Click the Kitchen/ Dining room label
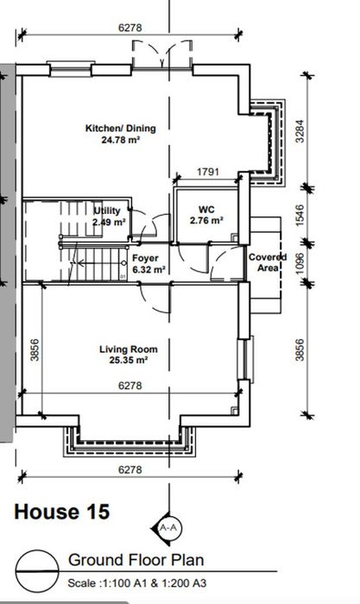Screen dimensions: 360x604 121,129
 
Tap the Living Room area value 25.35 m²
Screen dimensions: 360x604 129,361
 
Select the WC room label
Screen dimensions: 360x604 206,210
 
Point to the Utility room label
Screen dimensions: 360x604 107,211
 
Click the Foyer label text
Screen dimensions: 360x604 145,258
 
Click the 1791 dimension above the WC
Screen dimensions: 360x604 208,172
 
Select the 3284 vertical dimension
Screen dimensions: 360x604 300,131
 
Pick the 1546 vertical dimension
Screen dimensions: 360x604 300,215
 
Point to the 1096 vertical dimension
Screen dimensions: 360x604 300,263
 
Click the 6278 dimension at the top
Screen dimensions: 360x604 129,28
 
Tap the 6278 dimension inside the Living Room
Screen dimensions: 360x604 129,386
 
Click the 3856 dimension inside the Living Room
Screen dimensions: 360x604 35,349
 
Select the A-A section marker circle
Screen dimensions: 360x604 168,528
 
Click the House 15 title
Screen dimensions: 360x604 62,512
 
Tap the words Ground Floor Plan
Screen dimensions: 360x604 136,560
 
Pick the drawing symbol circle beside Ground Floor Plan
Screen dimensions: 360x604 37,571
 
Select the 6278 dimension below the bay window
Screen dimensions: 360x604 129,469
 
